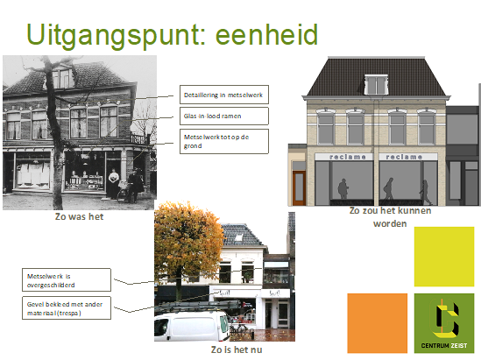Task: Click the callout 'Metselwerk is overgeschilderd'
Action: [67, 279]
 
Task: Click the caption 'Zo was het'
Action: [79, 216]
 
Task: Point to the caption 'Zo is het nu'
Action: [236, 349]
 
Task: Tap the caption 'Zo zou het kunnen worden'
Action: [390, 216]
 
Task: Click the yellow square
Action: [443, 256]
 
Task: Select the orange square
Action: [377, 322]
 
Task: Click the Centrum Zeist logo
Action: [443, 322]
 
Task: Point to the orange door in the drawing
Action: [297, 185]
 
